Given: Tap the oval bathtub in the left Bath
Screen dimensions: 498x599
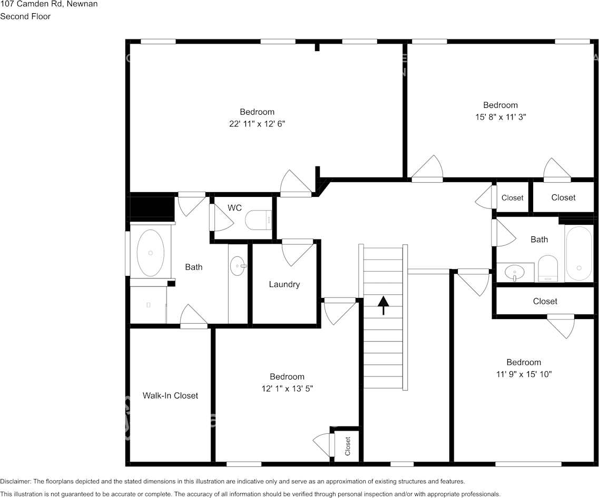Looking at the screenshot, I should tap(150, 253).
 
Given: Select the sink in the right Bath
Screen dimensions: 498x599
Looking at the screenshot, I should tap(514, 273).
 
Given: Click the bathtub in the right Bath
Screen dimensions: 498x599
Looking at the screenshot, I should tap(578, 253).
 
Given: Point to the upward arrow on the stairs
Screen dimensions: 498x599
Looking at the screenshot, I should tap(383, 305).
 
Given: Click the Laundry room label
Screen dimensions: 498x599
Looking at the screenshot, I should tap(284, 284).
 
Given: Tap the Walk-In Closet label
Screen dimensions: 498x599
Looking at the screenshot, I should tap(170, 395).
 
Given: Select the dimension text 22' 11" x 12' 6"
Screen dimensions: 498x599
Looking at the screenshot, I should tap(257, 124).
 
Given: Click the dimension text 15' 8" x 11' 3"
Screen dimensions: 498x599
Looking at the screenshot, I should tap(500, 117).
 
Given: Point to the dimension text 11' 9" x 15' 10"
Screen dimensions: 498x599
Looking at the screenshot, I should tap(524, 374).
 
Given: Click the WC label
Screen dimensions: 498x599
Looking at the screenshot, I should tap(234, 208).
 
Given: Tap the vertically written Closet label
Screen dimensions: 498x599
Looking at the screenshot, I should tap(348, 446).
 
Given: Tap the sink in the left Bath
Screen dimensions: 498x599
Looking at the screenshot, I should tap(238, 266).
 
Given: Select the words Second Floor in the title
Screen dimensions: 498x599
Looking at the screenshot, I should tap(25, 16).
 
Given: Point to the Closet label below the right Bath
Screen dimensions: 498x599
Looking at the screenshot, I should tap(545, 301).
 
